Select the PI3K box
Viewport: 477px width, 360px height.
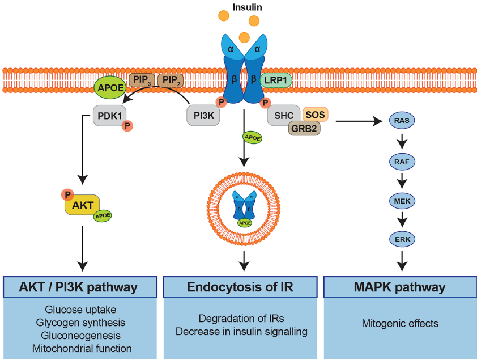(x=202, y=116)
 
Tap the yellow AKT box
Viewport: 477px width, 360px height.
(x=82, y=205)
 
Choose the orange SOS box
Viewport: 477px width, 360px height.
(x=315, y=115)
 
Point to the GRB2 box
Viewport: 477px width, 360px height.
(x=304, y=129)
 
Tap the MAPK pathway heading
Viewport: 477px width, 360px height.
(x=399, y=287)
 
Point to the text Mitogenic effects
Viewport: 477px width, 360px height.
(x=399, y=324)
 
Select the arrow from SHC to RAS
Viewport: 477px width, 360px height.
(x=357, y=120)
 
